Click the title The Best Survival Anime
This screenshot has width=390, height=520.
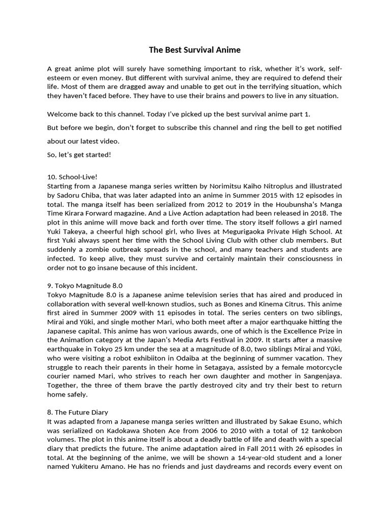(x=194, y=50)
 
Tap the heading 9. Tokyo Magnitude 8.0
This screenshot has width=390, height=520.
(x=85, y=286)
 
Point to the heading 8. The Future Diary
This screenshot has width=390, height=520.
(x=77, y=412)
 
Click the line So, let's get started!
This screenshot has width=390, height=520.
(x=79, y=154)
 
